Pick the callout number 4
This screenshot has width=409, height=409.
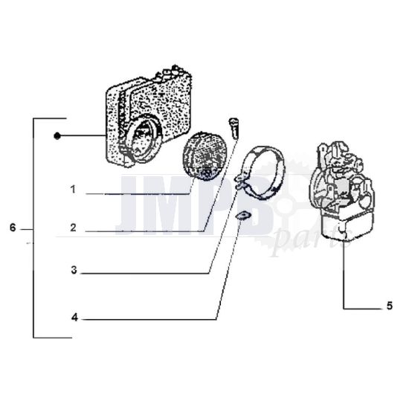point(74,318)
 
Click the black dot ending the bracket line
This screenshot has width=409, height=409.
point(57,136)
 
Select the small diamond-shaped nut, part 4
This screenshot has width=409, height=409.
point(240,216)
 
